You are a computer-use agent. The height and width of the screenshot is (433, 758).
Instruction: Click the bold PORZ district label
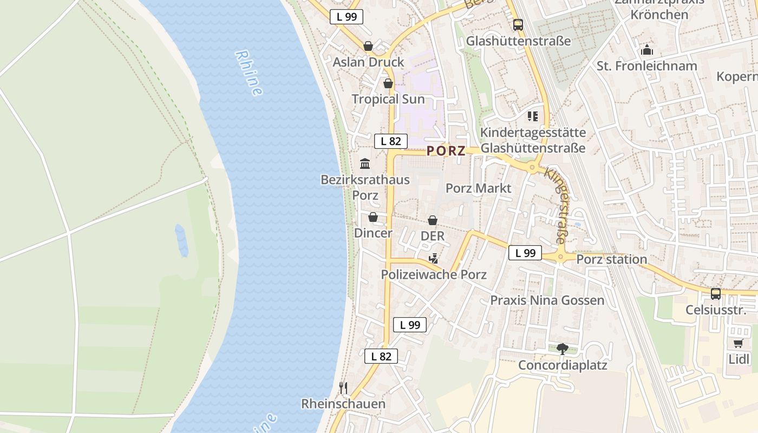(x=446, y=151)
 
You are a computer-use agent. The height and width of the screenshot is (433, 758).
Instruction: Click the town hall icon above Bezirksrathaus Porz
(x=365, y=163)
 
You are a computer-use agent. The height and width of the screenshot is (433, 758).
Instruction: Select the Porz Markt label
(x=478, y=188)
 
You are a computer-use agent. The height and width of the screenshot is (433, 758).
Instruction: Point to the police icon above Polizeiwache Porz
(x=433, y=259)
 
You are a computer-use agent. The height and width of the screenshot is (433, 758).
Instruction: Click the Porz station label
(x=611, y=259)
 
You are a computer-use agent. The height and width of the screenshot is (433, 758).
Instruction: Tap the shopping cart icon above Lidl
(x=738, y=343)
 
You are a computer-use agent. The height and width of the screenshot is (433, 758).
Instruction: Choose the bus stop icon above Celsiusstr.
(x=715, y=294)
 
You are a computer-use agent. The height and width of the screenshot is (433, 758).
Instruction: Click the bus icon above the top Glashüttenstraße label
(x=518, y=25)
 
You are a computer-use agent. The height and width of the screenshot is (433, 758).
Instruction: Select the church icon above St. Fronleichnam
(x=646, y=50)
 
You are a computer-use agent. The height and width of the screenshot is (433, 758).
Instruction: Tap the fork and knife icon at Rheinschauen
(x=343, y=388)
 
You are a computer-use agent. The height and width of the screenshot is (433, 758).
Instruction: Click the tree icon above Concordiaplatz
(x=563, y=349)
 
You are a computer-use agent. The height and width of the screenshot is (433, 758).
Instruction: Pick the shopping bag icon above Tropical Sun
(x=388, y=83)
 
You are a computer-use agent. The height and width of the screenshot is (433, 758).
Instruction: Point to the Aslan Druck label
(x=368, y=62)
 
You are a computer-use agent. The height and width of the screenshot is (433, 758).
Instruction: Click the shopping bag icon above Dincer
(x=373, y=218)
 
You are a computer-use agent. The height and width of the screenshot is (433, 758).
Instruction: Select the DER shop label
(x=433, y=236)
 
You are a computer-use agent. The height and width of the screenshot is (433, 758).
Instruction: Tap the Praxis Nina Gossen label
(x=547, y=300)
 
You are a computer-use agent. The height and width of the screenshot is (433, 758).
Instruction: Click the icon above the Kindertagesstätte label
(x=533, y=116)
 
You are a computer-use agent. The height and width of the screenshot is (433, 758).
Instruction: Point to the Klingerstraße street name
(x=557, y=206)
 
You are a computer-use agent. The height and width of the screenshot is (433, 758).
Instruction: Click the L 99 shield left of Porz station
(x=525, y=253)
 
